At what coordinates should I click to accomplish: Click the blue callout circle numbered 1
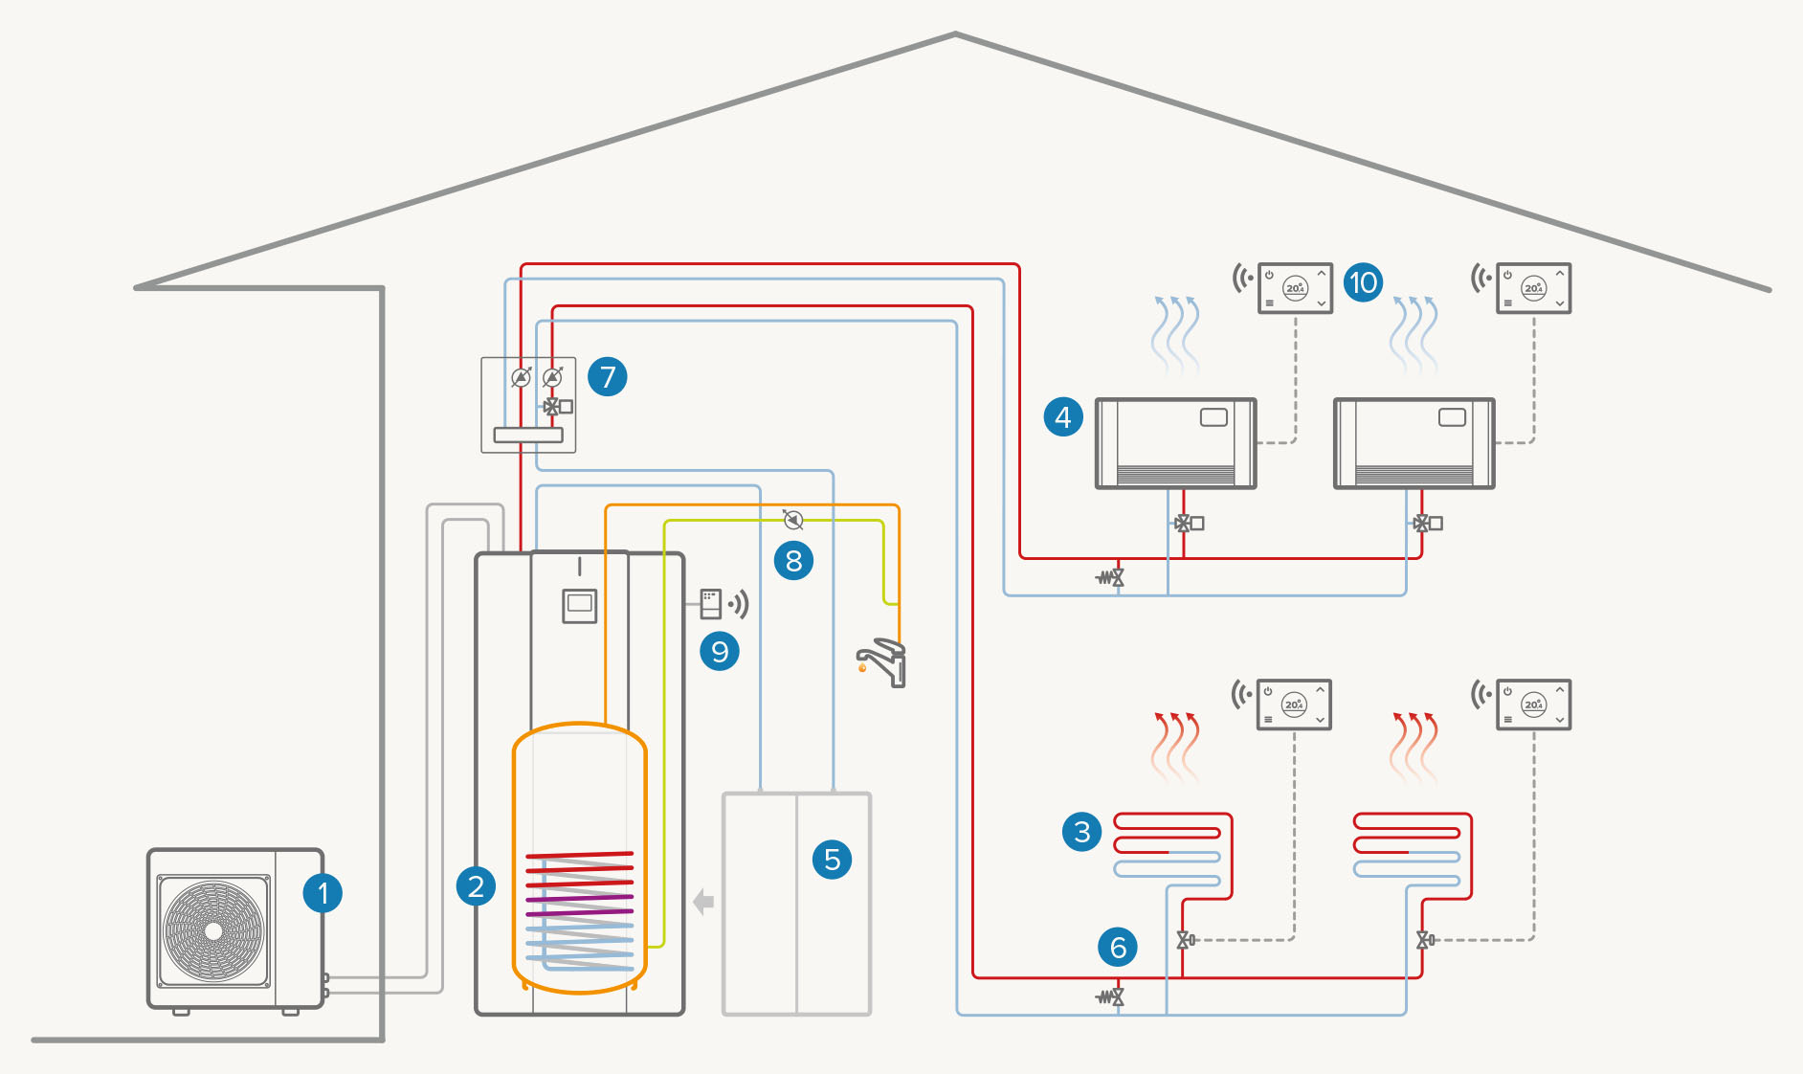coord(323,893)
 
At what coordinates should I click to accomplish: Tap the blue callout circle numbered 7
coord(608,376)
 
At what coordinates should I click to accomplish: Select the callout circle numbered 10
coord(1363,282)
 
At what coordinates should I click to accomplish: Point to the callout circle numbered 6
coord(1118,947)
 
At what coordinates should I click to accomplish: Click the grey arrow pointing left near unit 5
coord(703,902)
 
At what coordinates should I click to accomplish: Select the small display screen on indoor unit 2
coord(579,605)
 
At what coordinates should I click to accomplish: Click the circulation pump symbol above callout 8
coord(792,520)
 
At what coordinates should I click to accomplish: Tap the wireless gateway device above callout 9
coord(711,603)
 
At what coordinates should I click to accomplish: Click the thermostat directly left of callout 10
coord(1295,288)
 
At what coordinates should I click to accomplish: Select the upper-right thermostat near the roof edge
coord(1533,288)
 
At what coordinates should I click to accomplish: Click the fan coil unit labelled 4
coord(1175,443)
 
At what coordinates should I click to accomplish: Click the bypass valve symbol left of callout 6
coord(1110,997)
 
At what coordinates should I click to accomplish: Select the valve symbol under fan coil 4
coord(1188,524)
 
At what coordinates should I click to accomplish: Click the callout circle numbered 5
coord(832,859)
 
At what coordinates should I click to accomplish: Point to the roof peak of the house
coord(955,35)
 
